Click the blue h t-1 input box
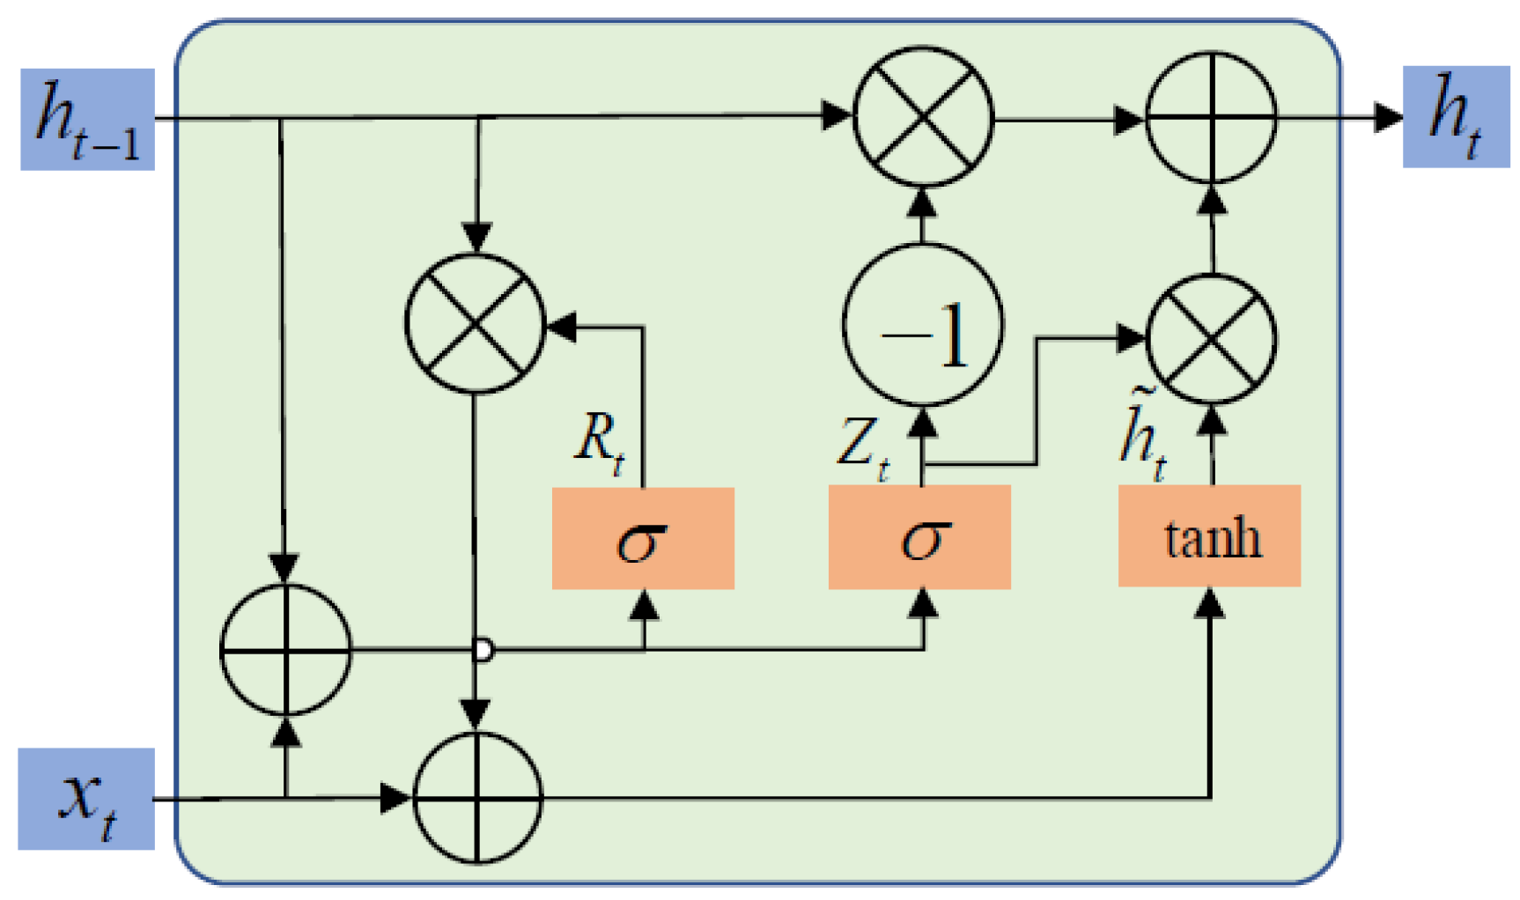tap(87, 119)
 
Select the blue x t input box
tap(86, 799)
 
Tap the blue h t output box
tap(1456, 116)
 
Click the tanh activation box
tap(1209, 536)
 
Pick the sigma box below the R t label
tap(643, 538)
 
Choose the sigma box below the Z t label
tap(919, 537)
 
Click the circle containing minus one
tap(923, 326)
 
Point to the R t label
tap(600, 440)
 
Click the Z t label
tap(862, 446)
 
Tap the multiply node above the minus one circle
tap(923, 117)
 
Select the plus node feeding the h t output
tap(1211, 117)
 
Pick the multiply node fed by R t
tap(476, 323)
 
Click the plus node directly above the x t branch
tap(285, 650)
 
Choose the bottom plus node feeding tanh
tap(477, 799)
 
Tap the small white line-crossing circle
tap(483, 651)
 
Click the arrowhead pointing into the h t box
tap(1389, 116)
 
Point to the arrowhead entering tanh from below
tap(1212, 603)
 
